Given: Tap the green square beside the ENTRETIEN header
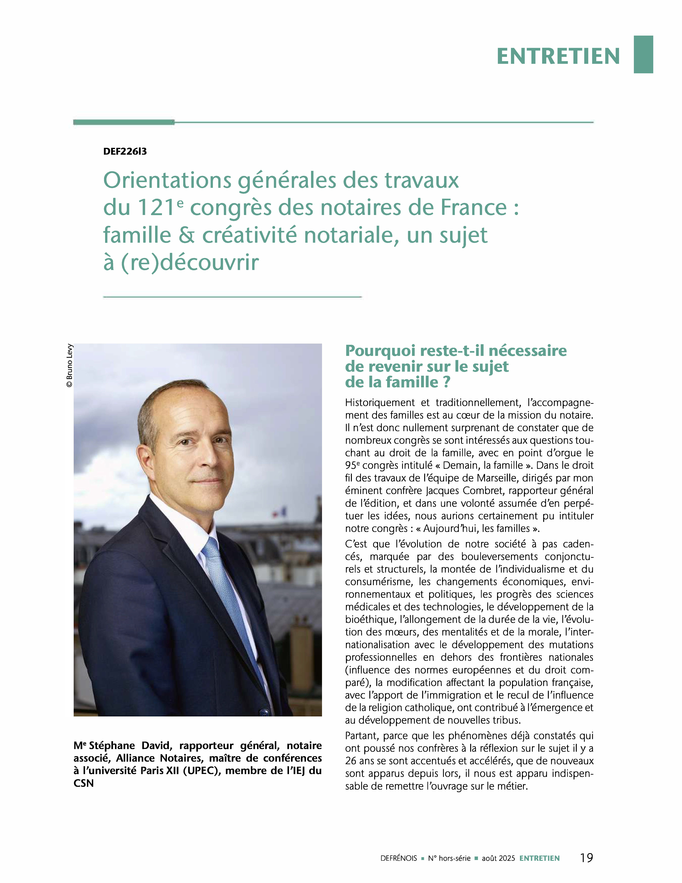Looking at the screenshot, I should point(643,55).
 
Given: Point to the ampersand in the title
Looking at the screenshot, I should point(186,235).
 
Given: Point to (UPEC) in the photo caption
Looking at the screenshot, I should point(202,771).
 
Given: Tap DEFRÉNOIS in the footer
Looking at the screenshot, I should point(398,858).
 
